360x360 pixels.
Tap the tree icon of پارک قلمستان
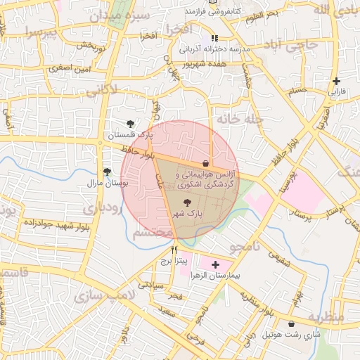pos(130,124)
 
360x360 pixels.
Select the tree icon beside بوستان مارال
pos(107,171)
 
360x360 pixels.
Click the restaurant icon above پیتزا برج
pos(174,249)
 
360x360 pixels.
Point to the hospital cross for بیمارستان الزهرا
pos(215,264)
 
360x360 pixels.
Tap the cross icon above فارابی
pos(337,81)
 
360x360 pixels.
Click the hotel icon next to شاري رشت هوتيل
pos(291,323)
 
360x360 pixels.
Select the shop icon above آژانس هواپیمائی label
pos(205,162)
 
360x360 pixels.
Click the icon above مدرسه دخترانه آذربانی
pos(214,38)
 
